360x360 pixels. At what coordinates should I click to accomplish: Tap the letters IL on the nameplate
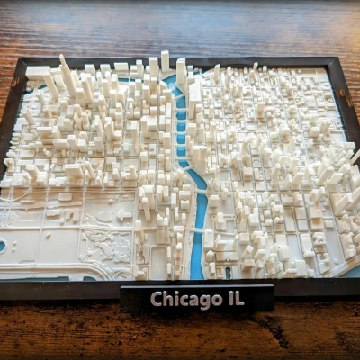coord(235,296)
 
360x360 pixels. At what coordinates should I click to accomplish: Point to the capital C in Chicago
coord(156,299)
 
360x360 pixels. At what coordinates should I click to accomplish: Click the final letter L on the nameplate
coord(239,296)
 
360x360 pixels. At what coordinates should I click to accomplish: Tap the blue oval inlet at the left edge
coord(2,245)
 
